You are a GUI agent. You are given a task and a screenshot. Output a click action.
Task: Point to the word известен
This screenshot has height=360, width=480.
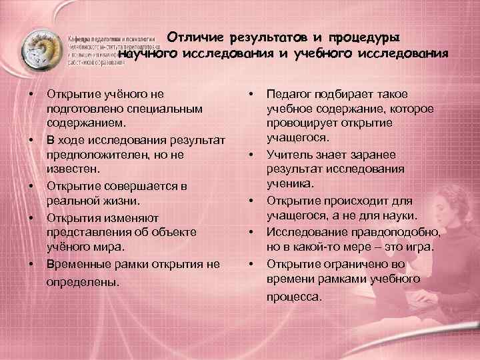[x=70, y=169]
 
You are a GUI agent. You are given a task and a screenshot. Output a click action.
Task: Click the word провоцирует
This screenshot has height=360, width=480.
[x=302, y=124]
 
